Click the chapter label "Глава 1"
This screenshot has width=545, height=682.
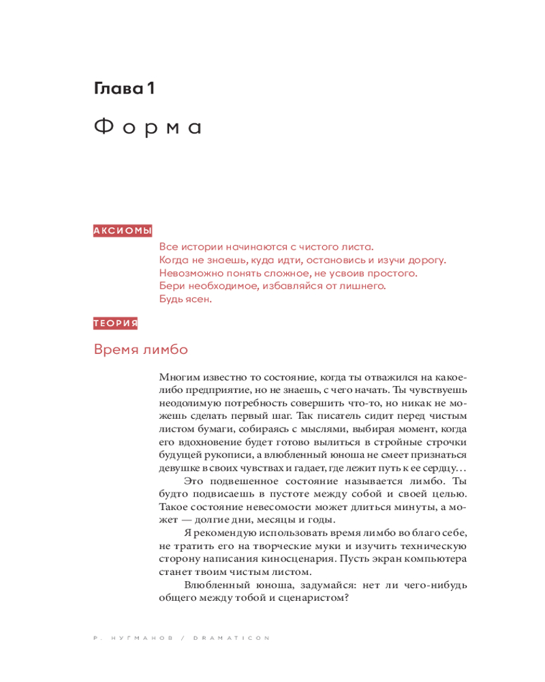tap(125, 88)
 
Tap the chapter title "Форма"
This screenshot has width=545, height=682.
tap(147, 128)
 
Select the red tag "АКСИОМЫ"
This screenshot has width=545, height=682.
tap(123, 231)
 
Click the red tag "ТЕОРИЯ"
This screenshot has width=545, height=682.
tap(116, 323)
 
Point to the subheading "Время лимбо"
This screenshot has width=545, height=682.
tap(140, 350)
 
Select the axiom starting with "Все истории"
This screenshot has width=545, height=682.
tap(266, 247)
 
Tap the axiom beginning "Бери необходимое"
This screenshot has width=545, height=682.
tap(272, 286)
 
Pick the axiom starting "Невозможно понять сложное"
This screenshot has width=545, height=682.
tap(288, 273)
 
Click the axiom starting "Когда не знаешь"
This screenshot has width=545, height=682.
tap(302, 260)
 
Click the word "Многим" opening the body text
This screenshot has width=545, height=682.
tap(178, 376)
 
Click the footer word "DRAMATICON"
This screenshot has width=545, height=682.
tap(232, 638)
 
